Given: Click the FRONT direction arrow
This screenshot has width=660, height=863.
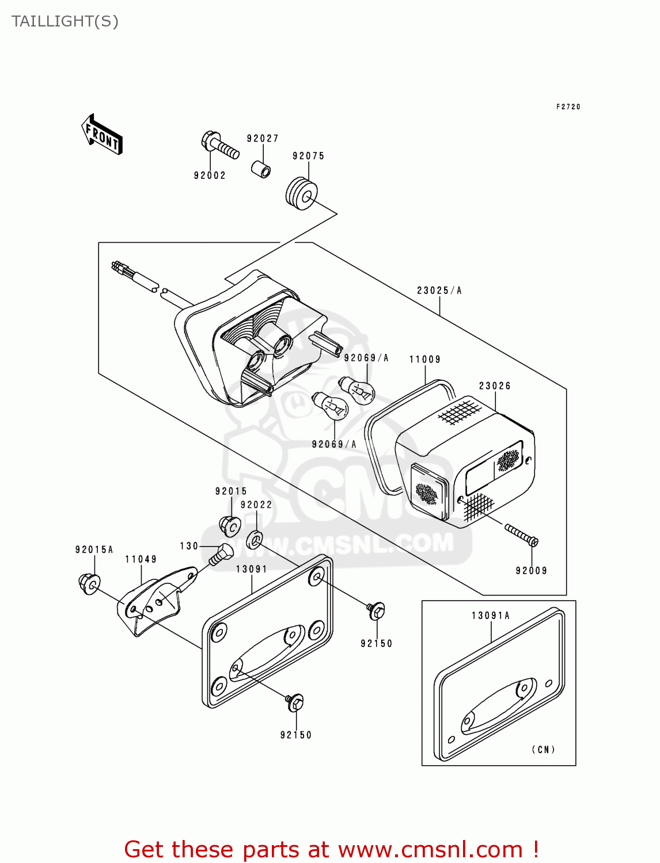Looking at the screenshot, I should point(102,135).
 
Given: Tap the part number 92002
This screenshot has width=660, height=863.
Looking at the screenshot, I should point(210,175).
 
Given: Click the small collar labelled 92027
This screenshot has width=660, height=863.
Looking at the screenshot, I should point(261,170).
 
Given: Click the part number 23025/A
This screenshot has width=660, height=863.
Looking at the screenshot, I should point(439,291).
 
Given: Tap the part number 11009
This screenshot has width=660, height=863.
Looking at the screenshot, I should point(425,360).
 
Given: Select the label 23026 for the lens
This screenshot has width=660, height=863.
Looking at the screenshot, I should point(495,386).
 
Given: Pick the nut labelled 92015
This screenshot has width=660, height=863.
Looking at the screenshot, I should point(230,525).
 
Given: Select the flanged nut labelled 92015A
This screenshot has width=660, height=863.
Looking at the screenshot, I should point(89,584).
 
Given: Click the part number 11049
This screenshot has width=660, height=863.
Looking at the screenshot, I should point(141,559).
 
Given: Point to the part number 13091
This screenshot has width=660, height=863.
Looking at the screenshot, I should point(252,569).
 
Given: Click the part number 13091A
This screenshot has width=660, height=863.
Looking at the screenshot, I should point(491,616).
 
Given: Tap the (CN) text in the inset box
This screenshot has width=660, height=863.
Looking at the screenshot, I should point(543,750).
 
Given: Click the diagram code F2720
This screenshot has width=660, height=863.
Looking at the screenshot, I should point(568,107).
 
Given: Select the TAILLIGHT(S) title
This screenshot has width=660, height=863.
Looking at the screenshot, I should point(65,21).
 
